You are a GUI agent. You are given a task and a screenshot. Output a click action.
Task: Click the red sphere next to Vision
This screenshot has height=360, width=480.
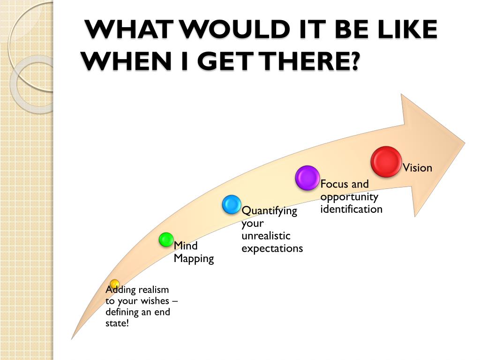pos(386,162)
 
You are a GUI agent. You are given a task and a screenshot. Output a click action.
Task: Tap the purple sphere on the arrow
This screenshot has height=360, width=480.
pos(307,178)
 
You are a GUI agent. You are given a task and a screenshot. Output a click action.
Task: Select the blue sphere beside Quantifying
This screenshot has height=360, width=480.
pos(232,204)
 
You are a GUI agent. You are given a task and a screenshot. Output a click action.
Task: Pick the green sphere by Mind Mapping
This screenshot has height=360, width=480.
pos(166,240)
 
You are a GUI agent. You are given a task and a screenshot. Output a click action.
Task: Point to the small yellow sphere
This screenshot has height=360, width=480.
pos(115,284)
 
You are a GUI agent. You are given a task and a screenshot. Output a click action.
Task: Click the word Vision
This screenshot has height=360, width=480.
pos(417,168)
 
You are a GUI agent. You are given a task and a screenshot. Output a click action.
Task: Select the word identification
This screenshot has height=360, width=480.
pos(351,209)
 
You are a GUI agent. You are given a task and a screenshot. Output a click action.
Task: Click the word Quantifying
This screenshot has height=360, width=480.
pos(269,211)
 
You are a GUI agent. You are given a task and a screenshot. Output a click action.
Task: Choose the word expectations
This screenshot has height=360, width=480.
pos(272,248)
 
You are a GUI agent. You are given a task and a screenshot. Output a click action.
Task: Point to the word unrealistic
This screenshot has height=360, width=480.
pos(266,236)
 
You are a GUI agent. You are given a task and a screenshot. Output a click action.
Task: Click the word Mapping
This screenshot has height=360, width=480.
pos(194,259)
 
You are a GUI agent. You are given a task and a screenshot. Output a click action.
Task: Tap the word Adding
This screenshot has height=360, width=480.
pos(120,290)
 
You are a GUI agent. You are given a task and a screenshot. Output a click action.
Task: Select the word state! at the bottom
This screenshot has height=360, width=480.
pos(117,323)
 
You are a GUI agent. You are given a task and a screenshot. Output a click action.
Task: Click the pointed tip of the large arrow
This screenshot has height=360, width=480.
pos(465,142)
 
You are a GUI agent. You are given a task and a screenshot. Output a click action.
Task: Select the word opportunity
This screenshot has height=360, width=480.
pos(349,196)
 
